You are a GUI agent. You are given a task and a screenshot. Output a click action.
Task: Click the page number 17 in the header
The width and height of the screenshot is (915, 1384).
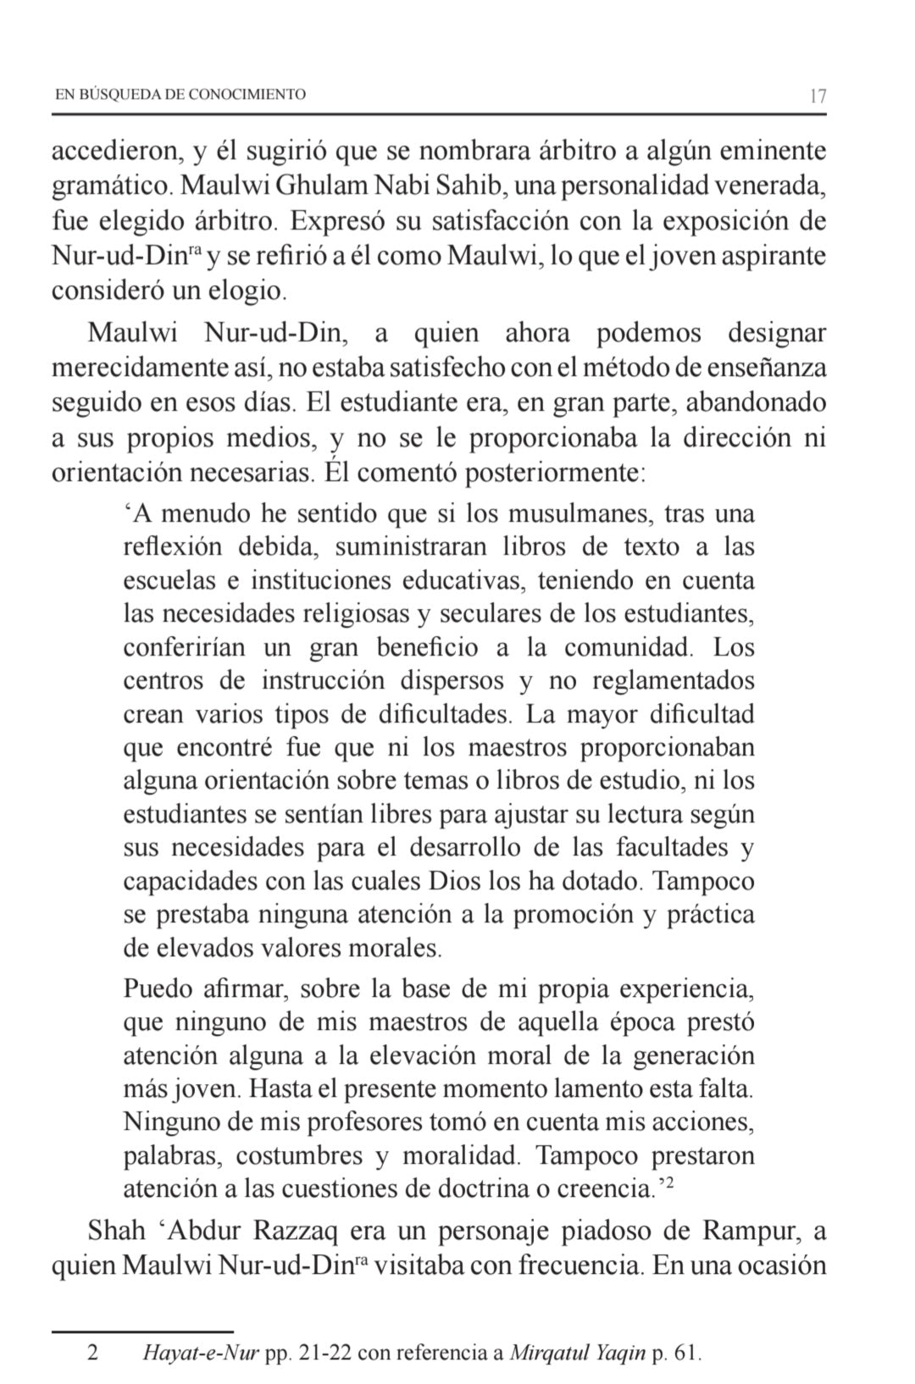(818, 96)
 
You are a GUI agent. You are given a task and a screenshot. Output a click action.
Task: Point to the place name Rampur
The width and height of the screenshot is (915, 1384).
(749, 1230)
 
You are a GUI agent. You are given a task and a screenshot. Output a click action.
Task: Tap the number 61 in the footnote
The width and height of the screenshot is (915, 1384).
(685, 1353)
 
